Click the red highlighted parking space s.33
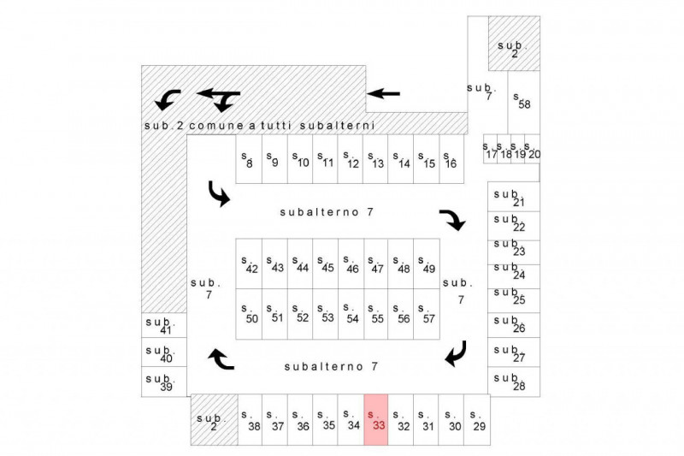tap(375, 420)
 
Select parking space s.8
tap(249, 159)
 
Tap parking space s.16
tap(451, 159)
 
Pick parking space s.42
tap(249, 264)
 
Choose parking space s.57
tap(426, 314)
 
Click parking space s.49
tap(426, 264)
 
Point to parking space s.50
tap(249, 314)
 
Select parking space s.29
tap(477, 420)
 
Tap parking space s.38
tap(250, 420)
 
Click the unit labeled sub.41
tap(164, 325)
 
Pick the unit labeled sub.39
tap(164, 382)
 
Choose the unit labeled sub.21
tap(514, 197)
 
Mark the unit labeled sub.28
tap(514, 382)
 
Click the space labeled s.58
tap(523, 103)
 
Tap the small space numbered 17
tap(490, 149)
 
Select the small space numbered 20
tap(532, 149)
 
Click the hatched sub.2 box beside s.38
tap(215, 420)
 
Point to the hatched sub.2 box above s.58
tap(514, 43)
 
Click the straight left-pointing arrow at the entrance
tap(383, 93)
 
